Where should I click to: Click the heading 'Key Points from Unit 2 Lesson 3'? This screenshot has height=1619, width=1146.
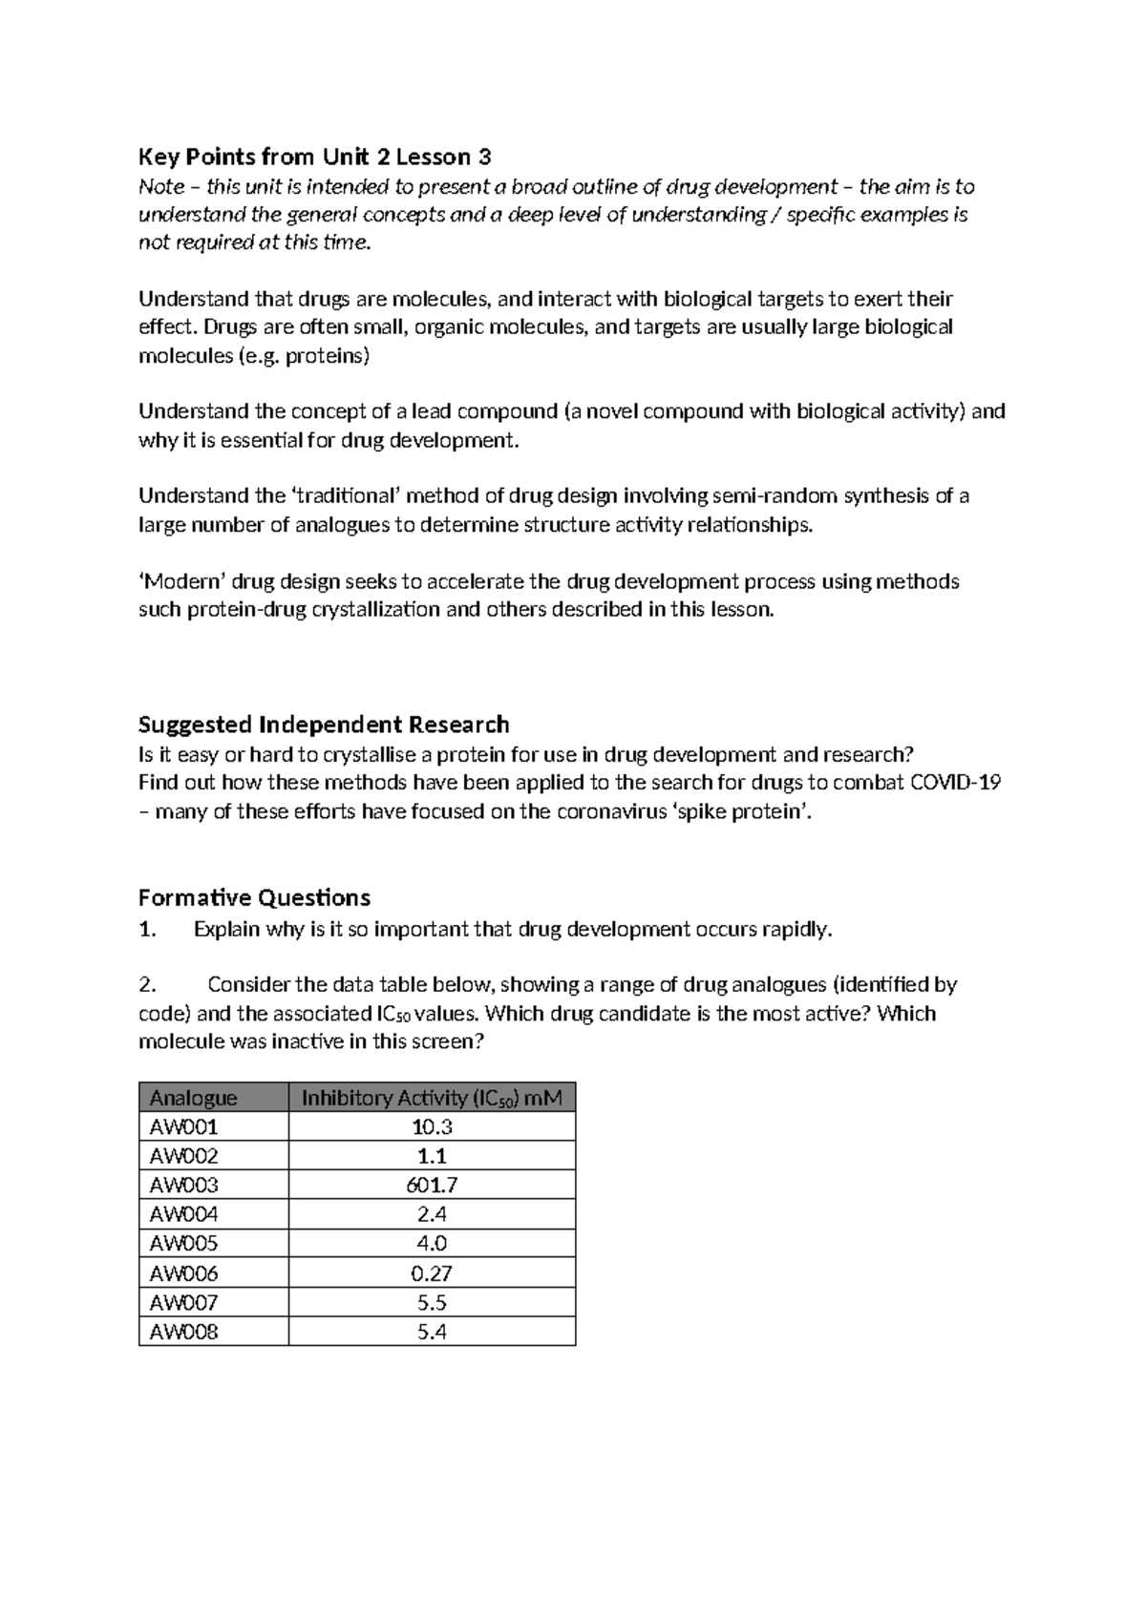tap(314, 157)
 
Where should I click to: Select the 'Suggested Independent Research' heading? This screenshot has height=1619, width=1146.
tap(324, 724)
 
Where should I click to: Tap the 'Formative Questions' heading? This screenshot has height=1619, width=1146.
tap(254, 897)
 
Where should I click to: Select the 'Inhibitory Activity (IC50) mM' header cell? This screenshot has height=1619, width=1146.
tap(432, 1098)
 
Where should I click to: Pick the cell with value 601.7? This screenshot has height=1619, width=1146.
tap(432, 1186)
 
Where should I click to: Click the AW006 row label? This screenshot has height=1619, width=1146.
tap(184, 1273)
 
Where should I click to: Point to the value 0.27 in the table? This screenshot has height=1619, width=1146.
tap(432, 1273)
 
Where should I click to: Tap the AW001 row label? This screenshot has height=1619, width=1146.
tap(184, 1127)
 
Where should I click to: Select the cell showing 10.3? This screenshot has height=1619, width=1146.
tap(432, 1127)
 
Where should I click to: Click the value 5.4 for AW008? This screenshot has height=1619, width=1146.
tap(432, 1332)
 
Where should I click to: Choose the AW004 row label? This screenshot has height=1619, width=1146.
tap(184, 1214)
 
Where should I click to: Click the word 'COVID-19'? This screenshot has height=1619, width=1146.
tap(955, 783)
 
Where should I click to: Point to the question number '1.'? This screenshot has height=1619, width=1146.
tap(147, 930)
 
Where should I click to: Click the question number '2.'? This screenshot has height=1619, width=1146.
tap(147, 984)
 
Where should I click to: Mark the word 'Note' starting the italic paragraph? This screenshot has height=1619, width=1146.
tap(161, 187)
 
